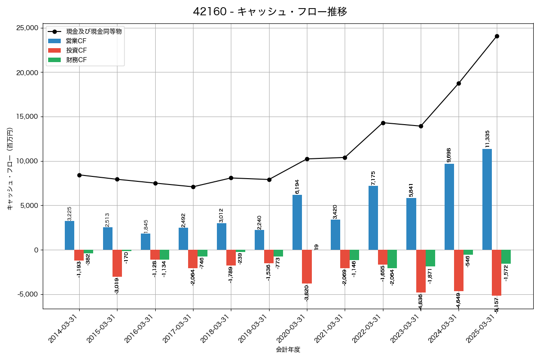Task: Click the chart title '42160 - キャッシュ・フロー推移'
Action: tap(270, 12)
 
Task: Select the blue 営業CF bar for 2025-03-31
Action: tap(487, 199)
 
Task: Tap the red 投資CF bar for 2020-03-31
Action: tap(307, 266)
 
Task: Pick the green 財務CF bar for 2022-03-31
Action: tap(392, 259)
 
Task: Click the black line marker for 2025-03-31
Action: tap(497, 36)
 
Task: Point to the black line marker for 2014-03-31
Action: tap(79, 175)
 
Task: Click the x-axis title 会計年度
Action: tap(288, 350)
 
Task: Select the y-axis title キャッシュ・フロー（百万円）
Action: tap(10, 169)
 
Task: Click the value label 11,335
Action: tap(487, 139)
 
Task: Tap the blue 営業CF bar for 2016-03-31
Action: tap(145, 242)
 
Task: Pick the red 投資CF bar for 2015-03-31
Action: tap(117, 263)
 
